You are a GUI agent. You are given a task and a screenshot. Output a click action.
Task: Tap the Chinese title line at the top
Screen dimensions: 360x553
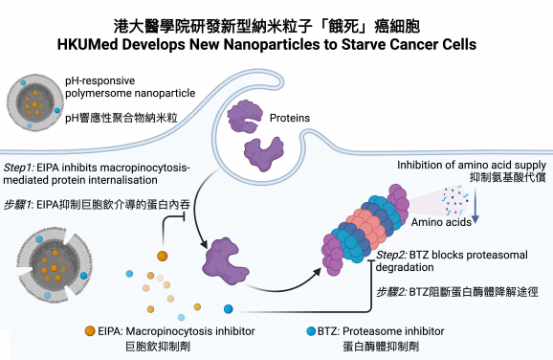(276, 22)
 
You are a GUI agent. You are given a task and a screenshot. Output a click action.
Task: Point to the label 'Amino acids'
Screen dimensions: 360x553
(436, 195)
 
